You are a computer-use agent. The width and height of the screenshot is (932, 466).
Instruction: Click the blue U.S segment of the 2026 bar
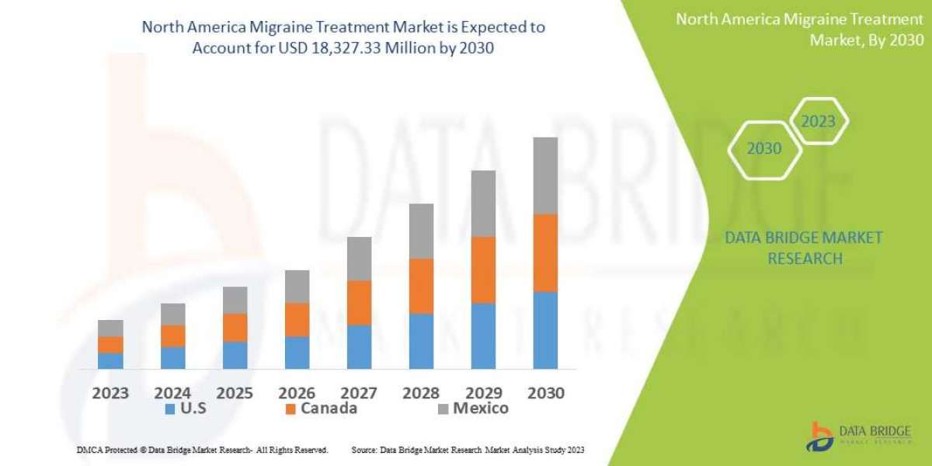coord(297,352)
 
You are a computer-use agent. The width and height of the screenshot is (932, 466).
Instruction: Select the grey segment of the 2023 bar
coord(110,328)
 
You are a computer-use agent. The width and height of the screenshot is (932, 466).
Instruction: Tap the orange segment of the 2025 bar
coord(235,328)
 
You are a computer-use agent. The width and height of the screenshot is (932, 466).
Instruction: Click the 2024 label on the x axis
coord(172,392)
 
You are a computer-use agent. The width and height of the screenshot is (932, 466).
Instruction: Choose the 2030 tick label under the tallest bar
coord(545,392)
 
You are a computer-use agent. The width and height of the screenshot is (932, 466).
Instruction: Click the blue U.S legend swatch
coord(169,409)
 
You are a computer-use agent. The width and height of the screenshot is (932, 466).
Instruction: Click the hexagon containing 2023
coord(818,121)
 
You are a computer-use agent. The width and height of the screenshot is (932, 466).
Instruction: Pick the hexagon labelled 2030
coord(764,148)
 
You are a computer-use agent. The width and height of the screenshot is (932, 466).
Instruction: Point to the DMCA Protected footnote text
coord(202,450)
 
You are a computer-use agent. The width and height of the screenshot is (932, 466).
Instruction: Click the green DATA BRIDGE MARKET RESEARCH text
coord(804,248)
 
